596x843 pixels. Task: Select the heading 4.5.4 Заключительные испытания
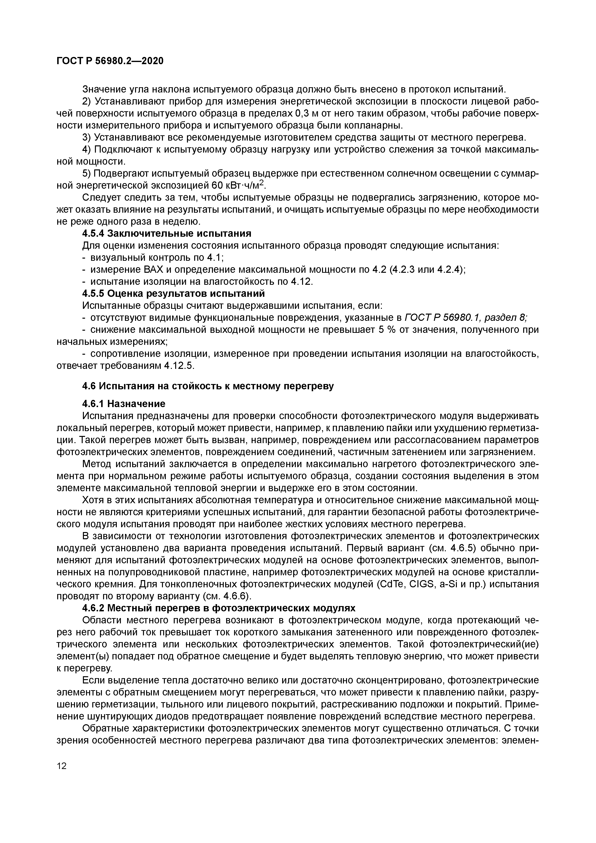click(x=167, y=234)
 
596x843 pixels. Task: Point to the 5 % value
click(x=386, y=330)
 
